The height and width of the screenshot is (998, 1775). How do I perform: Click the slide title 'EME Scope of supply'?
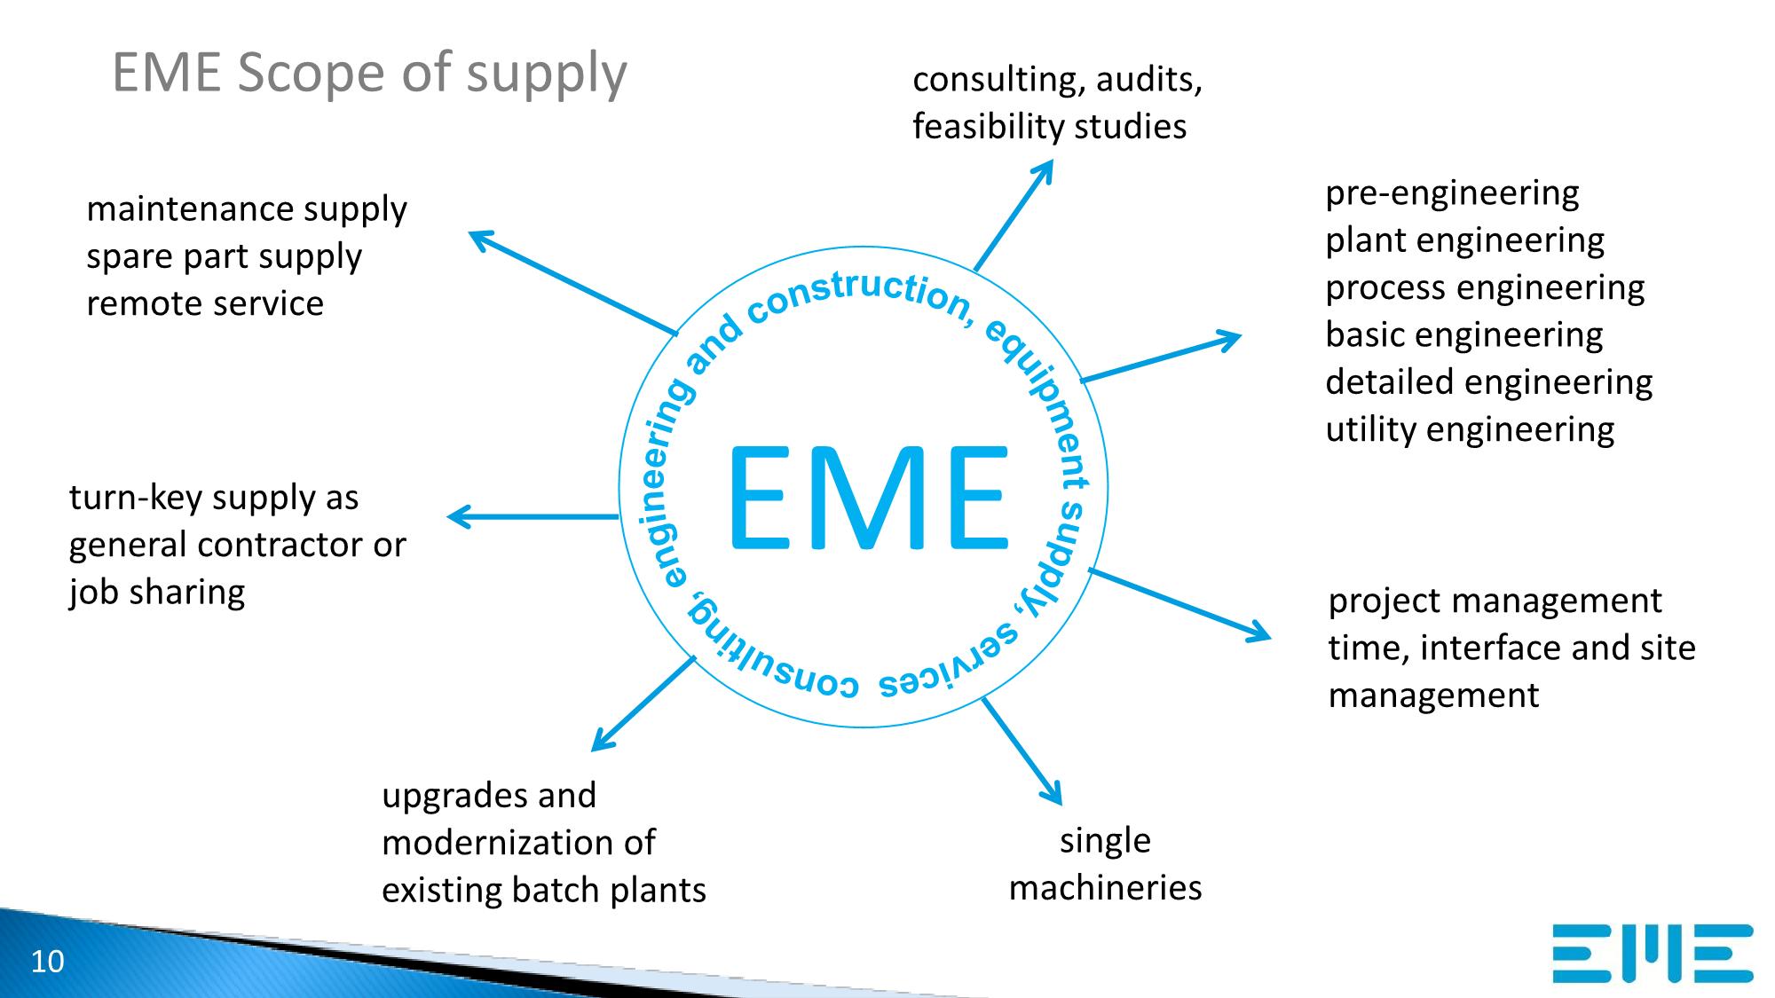(369, 73)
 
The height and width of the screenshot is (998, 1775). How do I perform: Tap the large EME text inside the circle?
(868, 498)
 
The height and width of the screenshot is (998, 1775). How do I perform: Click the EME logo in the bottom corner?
(1653, 953)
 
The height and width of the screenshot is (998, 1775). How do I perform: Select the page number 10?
(48, 962)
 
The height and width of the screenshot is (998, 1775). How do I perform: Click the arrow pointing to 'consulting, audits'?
(1014, 215)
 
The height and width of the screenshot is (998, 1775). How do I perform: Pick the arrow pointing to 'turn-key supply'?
(532, 516)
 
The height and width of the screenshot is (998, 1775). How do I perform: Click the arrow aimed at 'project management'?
(1179, 603)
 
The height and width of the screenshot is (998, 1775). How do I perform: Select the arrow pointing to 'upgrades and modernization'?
(643, 703)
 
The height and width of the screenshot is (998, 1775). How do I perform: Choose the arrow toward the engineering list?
(1161, 358)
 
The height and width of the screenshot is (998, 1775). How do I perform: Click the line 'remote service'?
(205, 303)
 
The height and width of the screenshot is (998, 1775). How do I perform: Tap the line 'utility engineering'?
(1470, 430)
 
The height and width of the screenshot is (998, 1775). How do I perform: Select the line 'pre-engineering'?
(1452, 193)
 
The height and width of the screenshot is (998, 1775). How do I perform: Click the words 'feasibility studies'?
(1049, 127)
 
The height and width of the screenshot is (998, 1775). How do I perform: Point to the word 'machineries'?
(1105, 887)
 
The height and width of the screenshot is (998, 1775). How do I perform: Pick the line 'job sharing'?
(157, 592)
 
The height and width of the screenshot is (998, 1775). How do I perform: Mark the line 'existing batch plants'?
(543, 890)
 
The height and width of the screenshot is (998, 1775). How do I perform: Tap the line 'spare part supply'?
(224, 256)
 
